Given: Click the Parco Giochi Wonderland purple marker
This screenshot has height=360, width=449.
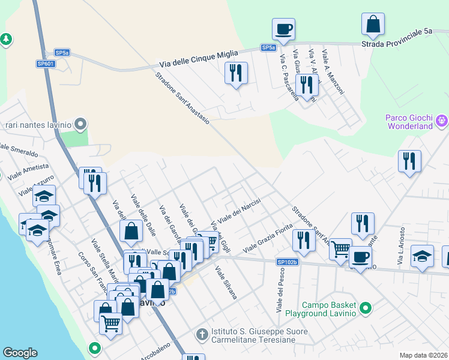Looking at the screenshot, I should tap(443, 121).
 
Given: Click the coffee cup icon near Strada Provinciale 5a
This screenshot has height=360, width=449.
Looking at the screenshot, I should tap(283, 28).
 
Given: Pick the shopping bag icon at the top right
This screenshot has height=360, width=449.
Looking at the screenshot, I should tap(373, 24).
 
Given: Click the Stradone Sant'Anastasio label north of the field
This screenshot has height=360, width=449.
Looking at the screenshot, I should tap(182, 98).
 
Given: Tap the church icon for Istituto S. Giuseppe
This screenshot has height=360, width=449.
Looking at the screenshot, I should tap(203, 332).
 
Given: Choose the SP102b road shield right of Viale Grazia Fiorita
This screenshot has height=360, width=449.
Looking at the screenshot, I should tap(288, 262).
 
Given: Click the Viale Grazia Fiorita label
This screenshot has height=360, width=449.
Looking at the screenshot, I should tap(267, 238).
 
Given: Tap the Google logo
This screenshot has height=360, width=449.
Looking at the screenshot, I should tap(20, 353).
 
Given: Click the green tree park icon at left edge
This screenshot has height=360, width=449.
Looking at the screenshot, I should tap(6, 40).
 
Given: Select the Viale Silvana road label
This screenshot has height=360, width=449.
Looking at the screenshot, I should tap(226, 283).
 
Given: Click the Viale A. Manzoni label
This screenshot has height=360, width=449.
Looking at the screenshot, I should tap(333, 72).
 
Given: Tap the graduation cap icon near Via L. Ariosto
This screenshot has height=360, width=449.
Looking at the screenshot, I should tap(423, 255).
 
